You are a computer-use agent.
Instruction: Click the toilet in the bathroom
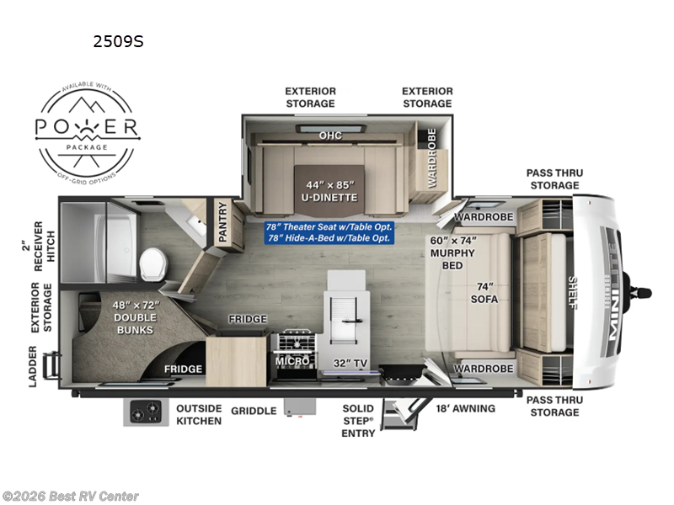[x=153, y=264]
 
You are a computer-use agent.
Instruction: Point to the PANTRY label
[x=224, y=223]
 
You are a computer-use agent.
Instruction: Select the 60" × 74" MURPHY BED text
[x=452, y=247]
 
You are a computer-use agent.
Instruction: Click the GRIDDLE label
[x=253, y=411]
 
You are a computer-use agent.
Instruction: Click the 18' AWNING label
[x=465, y=408]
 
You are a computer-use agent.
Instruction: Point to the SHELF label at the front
[x=573, y=293]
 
